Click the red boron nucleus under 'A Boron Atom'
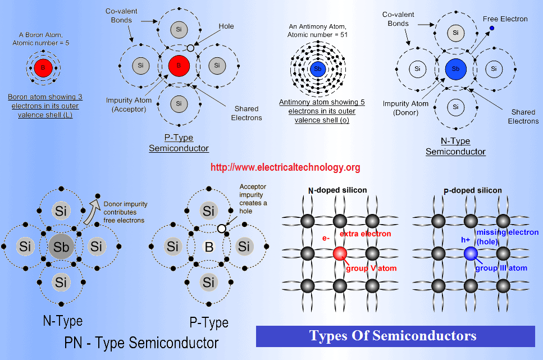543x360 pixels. [x=43, y=67]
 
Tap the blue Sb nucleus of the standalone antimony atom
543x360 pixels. [x=318, y=69]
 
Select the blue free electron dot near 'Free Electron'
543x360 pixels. [x=492, y=28]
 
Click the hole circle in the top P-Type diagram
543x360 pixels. [x=190, y=48]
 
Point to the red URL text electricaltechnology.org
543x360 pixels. [x=285, y=167]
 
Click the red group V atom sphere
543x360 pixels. [x=340, y=254]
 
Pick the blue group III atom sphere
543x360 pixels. [x=471, y=254]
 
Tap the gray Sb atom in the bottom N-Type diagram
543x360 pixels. [x=61, y=247]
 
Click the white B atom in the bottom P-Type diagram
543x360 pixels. [x=209, y=247]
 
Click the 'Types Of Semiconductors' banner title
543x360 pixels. [x=393, y=336]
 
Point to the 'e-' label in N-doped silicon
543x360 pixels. [x=326, y=238]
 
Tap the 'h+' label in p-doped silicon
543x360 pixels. [x=466, y=240]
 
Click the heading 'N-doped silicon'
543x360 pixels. [x=337, y=190]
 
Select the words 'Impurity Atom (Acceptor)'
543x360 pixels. [x=129, y=104]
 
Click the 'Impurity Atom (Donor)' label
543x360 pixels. [x=405, y=108]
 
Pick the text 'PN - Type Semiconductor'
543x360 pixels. [x=142, y=343]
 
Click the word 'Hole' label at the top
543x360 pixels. [x=226, y=26]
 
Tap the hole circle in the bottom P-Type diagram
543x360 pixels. [x=222, y=229]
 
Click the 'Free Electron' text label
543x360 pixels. [x=505, y=19]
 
